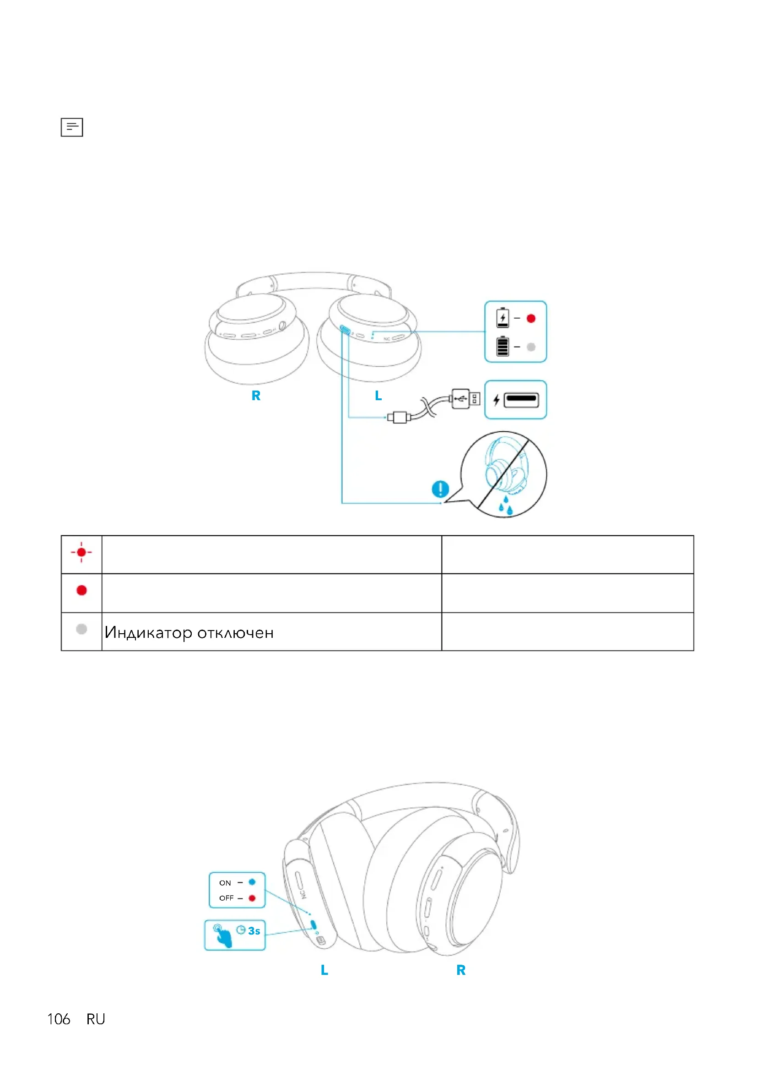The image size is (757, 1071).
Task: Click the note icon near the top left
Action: click(x=72, y=127)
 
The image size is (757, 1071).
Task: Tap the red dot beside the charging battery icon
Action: click(x=530, y=319)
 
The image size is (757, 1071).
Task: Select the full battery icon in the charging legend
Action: click(x=503, y=346)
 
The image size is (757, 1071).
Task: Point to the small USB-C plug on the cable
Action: click(x=399, y=417)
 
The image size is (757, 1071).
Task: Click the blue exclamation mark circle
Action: click(x=440, y=489)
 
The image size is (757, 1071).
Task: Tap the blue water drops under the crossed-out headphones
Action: click(x=505, y=506)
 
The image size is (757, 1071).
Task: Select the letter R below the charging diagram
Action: click(x=256, y=396)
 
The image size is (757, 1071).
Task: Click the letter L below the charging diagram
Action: click(x=378, y=396)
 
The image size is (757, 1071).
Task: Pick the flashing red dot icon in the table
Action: click(x=81, y=552)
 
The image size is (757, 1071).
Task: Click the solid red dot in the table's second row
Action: click(x=81, y=591)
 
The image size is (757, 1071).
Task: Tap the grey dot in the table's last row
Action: click(x=81, y=629)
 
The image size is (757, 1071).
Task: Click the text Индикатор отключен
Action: click(x=189, y=632)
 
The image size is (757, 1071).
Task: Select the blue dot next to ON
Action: click(x=252, y=882)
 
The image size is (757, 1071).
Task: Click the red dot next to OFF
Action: click(x=252, y=898)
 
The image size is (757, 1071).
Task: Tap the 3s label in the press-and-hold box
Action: click(x=254, y=931)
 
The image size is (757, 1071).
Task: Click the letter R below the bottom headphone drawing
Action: click(x=461, y=970)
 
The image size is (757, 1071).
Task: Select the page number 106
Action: click(x=59, y=1019)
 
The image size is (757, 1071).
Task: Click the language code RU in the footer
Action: click(x=96, y=1019)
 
